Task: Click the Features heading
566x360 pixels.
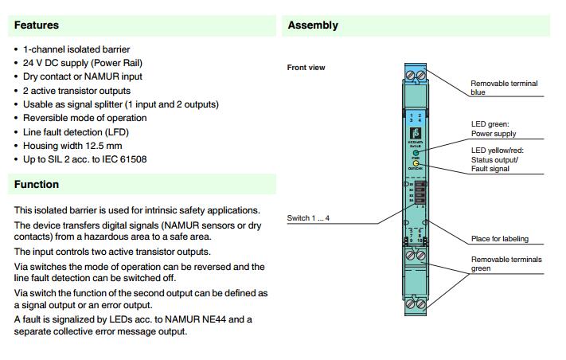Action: [x=37, y=25]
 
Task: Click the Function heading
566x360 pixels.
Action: [x=37, y=185]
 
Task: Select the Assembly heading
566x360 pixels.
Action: [x=313, y=25]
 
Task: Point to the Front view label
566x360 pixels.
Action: [x=306, y=68]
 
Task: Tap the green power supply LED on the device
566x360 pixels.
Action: [x=416, y=151]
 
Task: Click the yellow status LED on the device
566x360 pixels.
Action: [x=416, y=163]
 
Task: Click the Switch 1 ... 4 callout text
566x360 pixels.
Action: [x=308, y=218]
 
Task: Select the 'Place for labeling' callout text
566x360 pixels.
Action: [x=499, y=239]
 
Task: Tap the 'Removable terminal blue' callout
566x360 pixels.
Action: [x=503, y=88]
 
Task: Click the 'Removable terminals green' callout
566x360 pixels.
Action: [x=505, y=264]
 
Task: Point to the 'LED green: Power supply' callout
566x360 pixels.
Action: [x=494, y=129]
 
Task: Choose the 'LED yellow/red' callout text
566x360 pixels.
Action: [x=497, y=151]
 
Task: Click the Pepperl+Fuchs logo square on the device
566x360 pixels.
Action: [x=415, y=133]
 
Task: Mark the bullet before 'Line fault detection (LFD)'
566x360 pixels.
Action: [x=18, y=132]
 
